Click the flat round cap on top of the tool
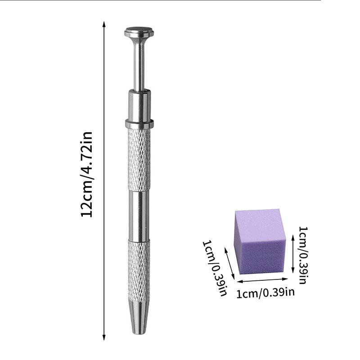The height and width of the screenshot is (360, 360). point(139,32)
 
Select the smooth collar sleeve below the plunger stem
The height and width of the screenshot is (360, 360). point(139,105)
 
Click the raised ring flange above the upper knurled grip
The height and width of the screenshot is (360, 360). point(139,124)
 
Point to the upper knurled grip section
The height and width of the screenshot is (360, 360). point(139,159)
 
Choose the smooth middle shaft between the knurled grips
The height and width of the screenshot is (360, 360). point(139,216)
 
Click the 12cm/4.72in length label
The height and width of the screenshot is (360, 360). point(86,175)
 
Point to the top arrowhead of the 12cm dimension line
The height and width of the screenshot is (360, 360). point(104,24)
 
